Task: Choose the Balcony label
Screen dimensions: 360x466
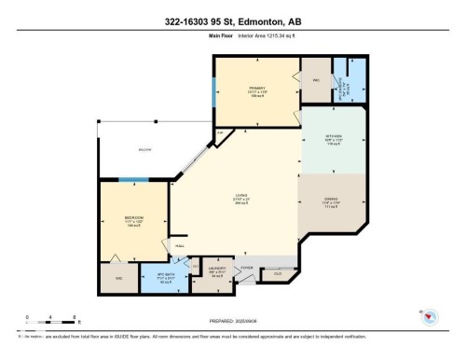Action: (x=144, y=148)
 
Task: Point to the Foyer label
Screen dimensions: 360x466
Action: (x=248, y=268)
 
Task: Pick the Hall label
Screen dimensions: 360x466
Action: (x=180, y=245)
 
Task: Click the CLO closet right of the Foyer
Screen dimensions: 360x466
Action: (x=278, y=273)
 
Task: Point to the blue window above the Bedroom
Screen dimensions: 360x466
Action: (x=131, y=179)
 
